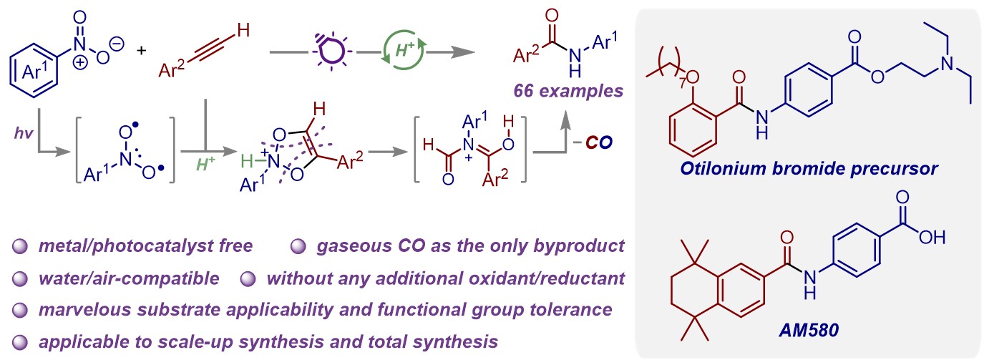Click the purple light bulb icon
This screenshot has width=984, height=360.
pos(331,51)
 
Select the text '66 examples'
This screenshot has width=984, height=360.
pos(569,92)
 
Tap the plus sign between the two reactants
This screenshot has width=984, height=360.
pos(141,51)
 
